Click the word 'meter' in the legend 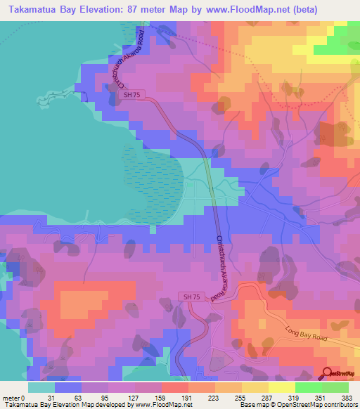12,397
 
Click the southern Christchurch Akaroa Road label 223,264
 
